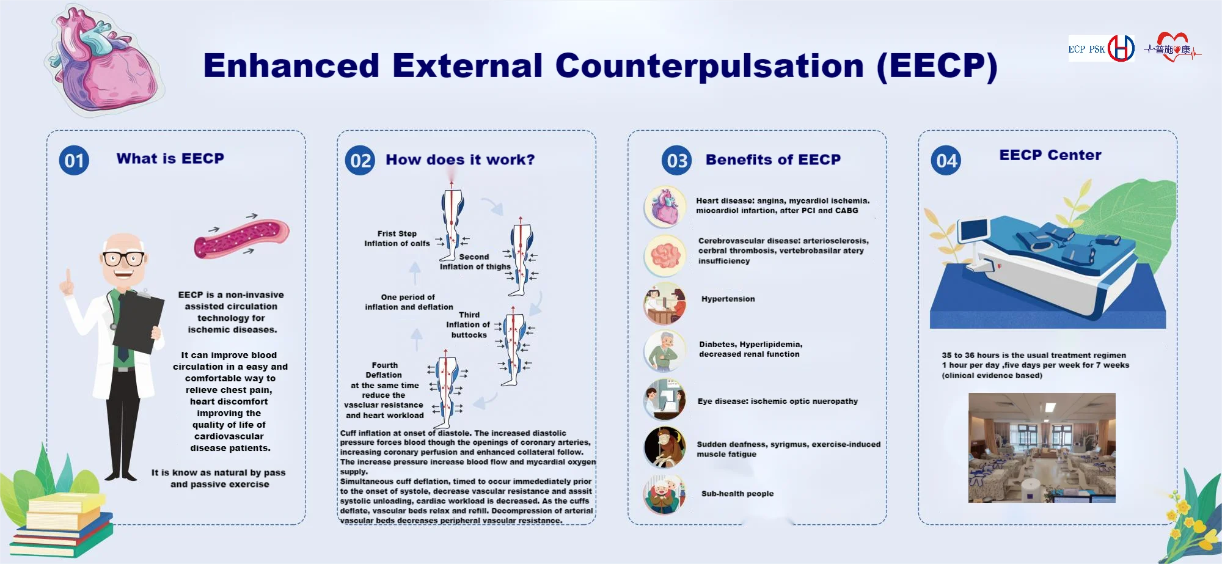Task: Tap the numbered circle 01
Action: click(x=74, y=161)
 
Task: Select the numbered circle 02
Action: click(x=360, y=161)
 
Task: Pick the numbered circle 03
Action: click(x=676, y=161)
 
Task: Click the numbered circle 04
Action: click(x=946, y=161)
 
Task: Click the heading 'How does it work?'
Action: click(x=460, y=159)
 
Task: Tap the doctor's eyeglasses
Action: click(x=123, y=258)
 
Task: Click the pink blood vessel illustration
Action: click(x=241, y=239)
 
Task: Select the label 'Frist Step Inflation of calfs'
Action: click(x=397, y=238)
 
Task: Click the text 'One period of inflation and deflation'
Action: click(x=409, y=302)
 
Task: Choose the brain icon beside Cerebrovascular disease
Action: click(x=665, y=255)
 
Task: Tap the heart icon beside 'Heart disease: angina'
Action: click(x=665, y=207)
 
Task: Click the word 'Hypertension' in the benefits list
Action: click(x=728, y=299)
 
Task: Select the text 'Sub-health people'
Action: click(x=737, y=494)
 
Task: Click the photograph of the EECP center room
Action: click(x=1042, y=447)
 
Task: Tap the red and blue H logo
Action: click(x=1121, y=48)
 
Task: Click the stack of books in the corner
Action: click(x=61, y=526)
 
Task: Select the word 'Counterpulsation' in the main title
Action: click(x=709, y=66)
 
